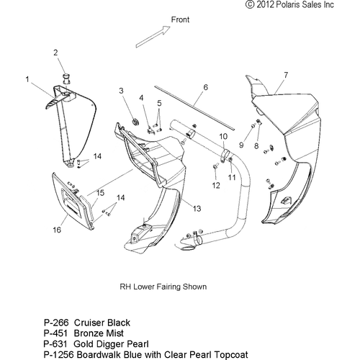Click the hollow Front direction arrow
coord(153,37)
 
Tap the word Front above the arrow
coord(180,19)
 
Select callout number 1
coord(27,79)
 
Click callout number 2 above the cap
coord(55,53)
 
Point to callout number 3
coord(121,91)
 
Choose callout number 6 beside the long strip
coord(205,87)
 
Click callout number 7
coord(286,75)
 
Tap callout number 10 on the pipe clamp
coord(223,137)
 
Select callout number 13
coord(197,209)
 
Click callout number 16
coord(57,230)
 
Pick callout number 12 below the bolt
coord(216,185)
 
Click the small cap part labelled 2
coord(66,78)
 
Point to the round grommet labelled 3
coord(136,122)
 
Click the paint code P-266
coord(56,323)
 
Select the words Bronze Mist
coord(99,333)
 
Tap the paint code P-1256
coord(59,354)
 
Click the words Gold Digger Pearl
coord(111,344)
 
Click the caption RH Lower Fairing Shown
coord(163,287)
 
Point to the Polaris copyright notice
coord(289,4)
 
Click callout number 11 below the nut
coord(232,177)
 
